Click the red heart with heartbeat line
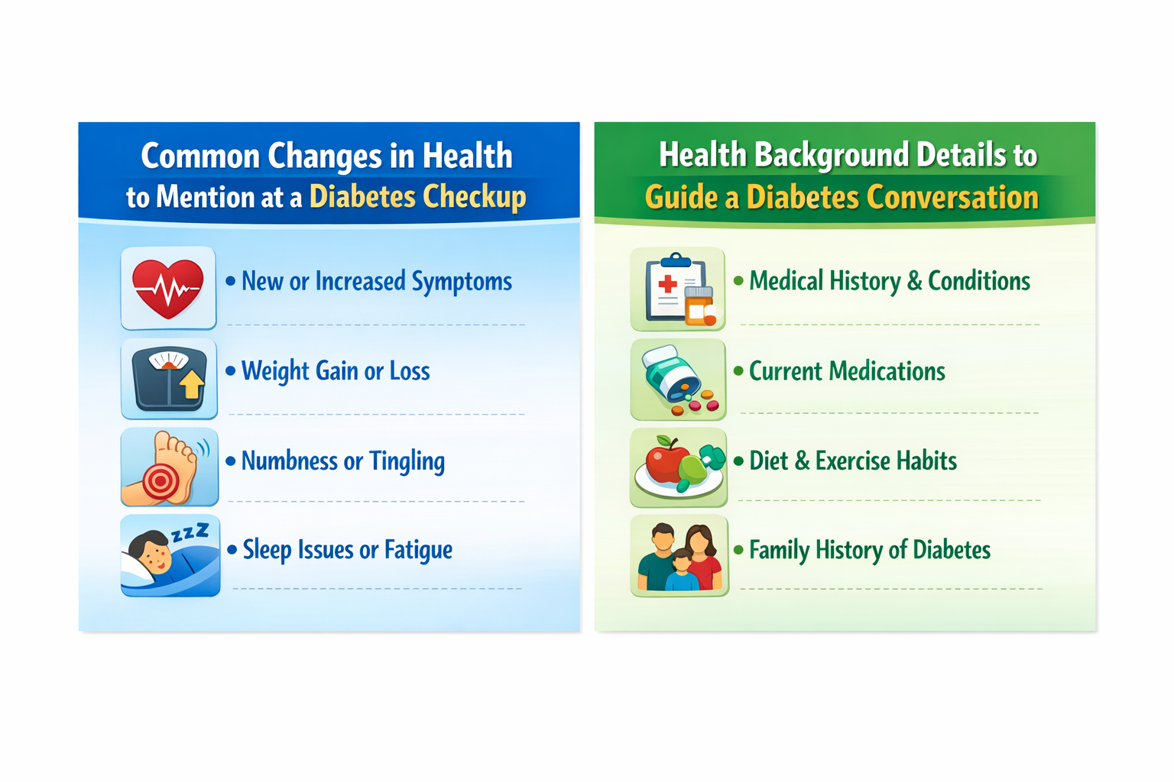[x=167, y=288]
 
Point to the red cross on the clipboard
[x=667, y=284]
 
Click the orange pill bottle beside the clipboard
[x=699, y=306]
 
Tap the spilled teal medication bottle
[x=671, y=373]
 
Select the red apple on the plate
[x=667, y=461]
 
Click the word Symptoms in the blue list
[x=462, y=282]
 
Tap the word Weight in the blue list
[x=275, y=371]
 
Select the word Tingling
[x=407, y=461]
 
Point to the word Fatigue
[x=418, y=550]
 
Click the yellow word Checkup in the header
[x=475, y=197]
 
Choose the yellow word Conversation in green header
[x=952, y=198]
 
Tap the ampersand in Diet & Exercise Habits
[x=802, y=461]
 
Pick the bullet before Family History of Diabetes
[x=739, y=550]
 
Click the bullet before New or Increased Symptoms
[x=231, y=281]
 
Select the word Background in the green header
[x=831, y=155]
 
